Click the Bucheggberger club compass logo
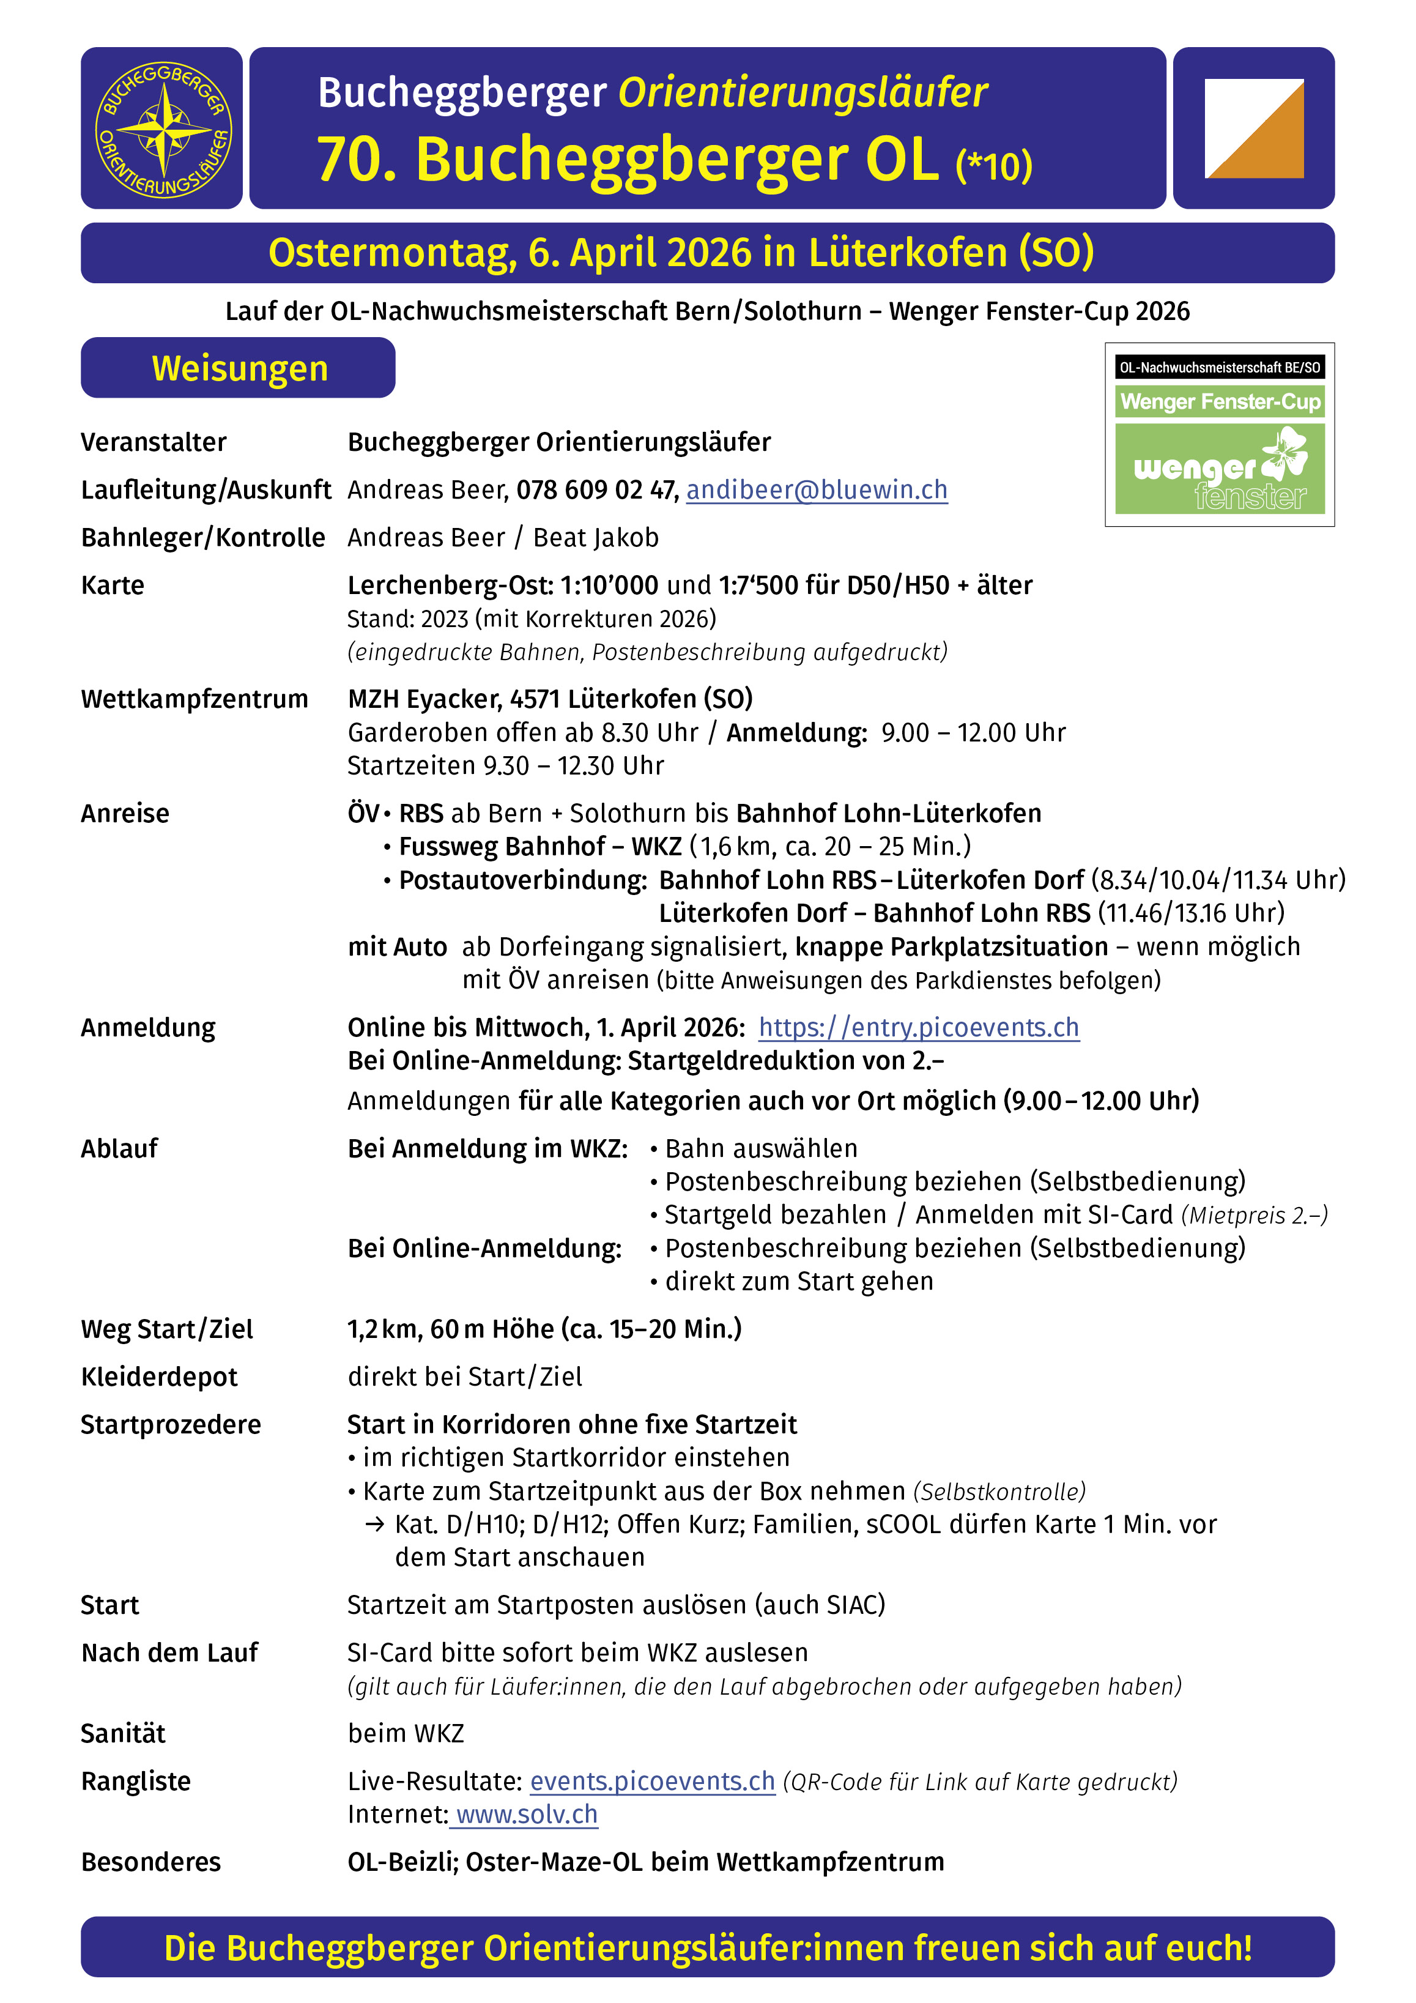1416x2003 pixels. [162, 129]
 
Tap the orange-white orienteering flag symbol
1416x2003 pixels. [1254, 129]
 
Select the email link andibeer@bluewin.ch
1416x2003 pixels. [817, 490]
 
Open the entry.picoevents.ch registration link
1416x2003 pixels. [919, 1028]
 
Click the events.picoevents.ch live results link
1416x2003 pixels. [653, 1782]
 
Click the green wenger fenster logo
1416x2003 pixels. [1220, 469]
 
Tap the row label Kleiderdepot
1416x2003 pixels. [159, 1377]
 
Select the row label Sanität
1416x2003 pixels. [123, 1733]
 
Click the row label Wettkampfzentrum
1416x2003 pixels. [195, 699]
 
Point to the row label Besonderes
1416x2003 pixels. [151, 1862]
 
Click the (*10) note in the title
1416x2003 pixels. [994, 166]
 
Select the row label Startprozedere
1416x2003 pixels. [171, 1425]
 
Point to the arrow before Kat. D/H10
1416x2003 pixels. [374, 1524]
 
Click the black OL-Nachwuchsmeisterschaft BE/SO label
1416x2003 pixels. [1220, 367]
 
